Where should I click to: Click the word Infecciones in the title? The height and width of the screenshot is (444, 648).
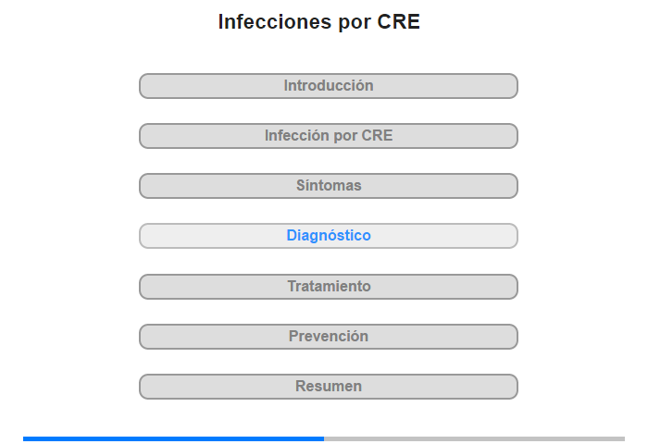coord(275,21)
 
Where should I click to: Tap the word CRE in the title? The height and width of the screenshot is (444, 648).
coord(398,21)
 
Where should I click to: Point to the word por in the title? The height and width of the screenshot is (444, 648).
coord(355,23)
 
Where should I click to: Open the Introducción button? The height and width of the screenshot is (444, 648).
coord(329,86)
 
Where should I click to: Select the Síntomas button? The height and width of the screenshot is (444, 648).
coord(329,186)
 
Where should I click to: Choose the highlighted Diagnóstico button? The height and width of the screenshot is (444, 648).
coord(329,236)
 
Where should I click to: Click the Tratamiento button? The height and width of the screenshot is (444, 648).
coord(329,287)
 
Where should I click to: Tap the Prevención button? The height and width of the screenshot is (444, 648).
coord(329,337)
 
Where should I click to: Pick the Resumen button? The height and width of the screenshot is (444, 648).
coord(329,387)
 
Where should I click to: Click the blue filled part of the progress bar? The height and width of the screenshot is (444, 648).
coord(174,439)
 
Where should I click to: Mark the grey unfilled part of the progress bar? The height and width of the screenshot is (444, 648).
coord(474,439)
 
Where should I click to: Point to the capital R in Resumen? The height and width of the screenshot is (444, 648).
coord(301,386)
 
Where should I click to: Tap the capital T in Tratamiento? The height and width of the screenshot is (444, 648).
coord(293,286)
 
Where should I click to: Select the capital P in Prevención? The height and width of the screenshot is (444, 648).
coord(293,336)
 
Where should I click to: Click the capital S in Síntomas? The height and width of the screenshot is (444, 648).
coord(301,185)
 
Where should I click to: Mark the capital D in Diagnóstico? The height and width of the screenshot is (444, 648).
coord(293,236)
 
